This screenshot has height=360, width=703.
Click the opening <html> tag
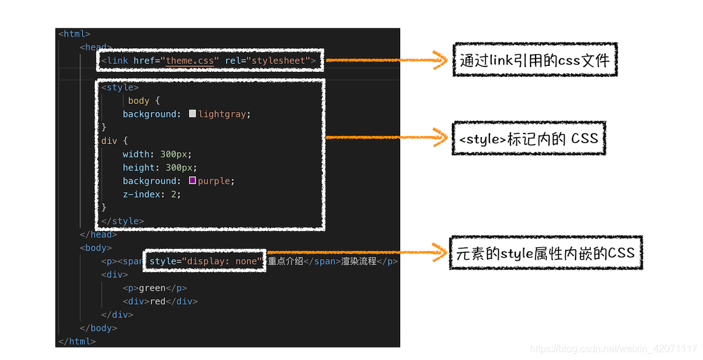(x=74, y=34)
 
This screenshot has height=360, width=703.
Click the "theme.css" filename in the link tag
(x=191, y=60)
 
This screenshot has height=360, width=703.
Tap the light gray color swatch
(x=193, y=114)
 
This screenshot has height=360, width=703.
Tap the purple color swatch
(x=193, y=181)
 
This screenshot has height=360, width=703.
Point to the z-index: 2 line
(x=151, y=194)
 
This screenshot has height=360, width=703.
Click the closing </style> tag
(x=123, y=221)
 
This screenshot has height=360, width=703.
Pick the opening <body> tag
(x=95, y=248)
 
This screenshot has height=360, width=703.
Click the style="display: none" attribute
(x=205, y=261)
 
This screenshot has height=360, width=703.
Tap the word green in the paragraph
(x=152, y=288)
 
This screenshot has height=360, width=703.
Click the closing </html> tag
(x=77, y=341)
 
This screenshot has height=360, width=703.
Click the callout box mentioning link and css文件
(x=534, y=60)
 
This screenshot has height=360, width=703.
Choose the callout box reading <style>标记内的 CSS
(x=528, y=138)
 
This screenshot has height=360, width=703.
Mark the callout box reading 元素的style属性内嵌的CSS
(x=545, y=253)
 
